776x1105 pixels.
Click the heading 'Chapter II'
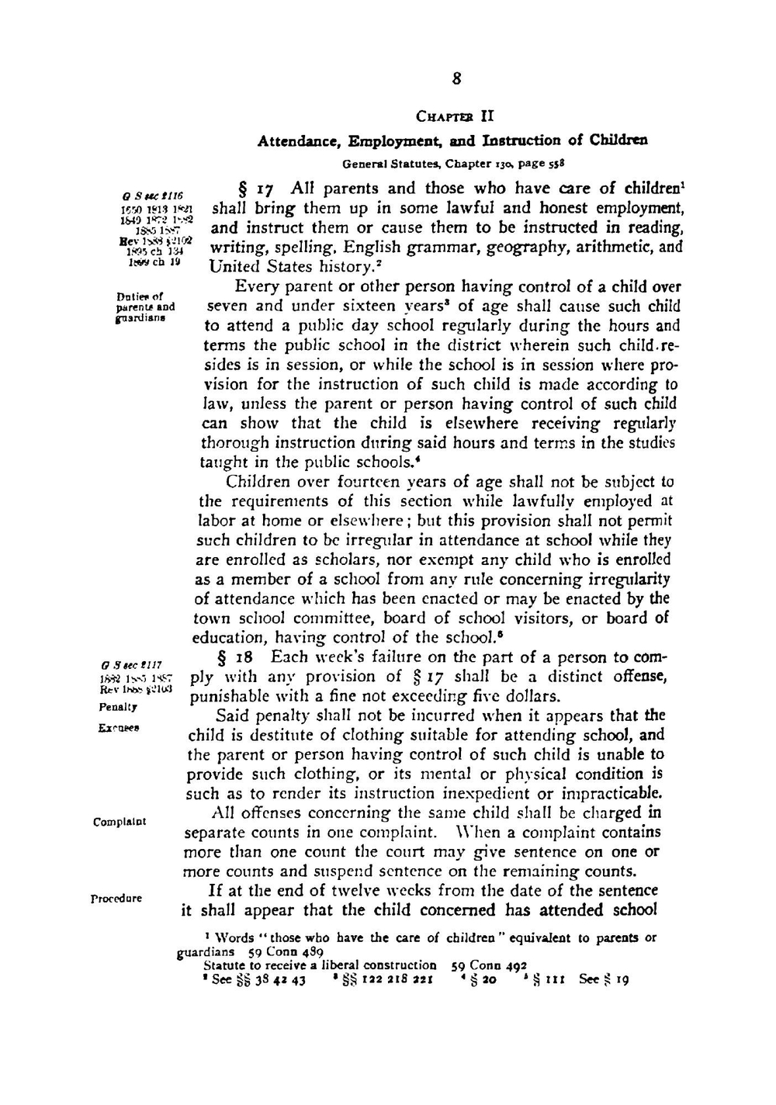coord(455,117)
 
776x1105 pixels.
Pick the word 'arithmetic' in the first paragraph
coord(612,248)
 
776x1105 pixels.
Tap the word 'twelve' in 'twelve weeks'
coord(370,890)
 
